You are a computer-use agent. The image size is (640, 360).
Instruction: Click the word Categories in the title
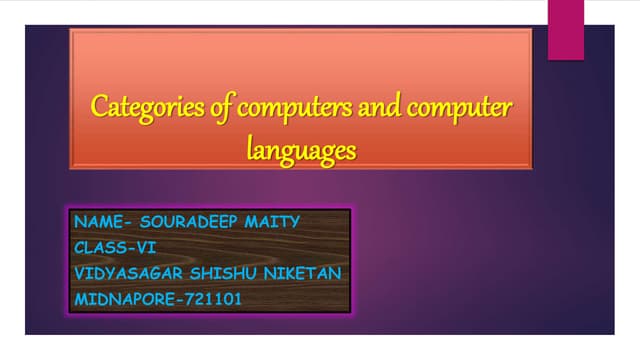[x=140, y=106]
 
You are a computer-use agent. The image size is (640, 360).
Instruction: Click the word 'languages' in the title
[x=301, y=150]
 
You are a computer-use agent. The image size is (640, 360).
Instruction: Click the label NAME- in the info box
[x=99, y=221]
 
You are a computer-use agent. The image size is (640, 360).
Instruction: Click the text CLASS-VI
[x=115, y=246]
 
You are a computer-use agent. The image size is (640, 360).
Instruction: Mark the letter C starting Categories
[x=99, y=105]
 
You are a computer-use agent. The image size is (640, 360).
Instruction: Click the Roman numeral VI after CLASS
[x=147, y=246]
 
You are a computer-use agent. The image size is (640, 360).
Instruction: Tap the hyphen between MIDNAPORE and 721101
[x=171, y=298]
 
